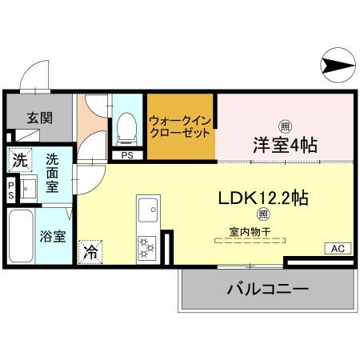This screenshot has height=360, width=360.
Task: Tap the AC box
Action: [336, 249]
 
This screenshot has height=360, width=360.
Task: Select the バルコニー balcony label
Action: [266, 290]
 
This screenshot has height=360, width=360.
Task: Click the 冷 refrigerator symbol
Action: [90, 250]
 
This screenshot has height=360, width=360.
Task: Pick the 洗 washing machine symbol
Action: [21, 158]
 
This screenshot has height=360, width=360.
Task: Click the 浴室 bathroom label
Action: [53, 237]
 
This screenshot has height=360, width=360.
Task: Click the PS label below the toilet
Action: [127, 156]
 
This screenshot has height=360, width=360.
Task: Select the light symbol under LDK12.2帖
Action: [262, 214]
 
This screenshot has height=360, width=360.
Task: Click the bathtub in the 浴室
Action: [21, 237]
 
